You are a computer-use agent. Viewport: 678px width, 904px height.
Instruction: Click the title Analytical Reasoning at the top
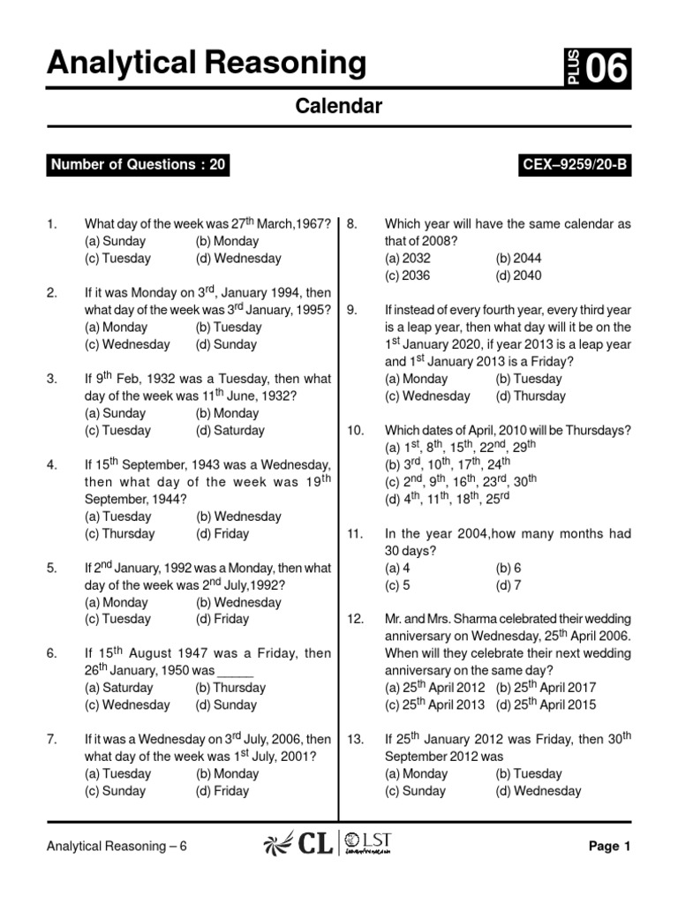tap(206, 64)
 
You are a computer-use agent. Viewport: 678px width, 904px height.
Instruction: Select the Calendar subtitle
tap(338, 107)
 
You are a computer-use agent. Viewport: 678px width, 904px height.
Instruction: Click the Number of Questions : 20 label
tap(139, 165)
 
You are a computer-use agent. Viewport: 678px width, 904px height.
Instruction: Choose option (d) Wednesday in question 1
tap(238, 259)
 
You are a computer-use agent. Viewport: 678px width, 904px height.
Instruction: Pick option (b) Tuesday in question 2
tap(229, 327)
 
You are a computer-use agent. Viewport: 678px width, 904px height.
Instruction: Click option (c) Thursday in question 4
tap(119, 533)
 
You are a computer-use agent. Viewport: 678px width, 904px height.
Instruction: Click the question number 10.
tap(355, 431)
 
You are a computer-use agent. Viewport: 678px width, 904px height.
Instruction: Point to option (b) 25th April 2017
tap(546, 687)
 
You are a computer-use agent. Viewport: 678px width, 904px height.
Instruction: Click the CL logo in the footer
tap(298, 846)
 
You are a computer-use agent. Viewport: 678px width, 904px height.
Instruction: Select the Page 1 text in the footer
tap(609, 847)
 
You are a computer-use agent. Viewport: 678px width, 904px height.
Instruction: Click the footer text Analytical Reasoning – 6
tap(117, 847)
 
